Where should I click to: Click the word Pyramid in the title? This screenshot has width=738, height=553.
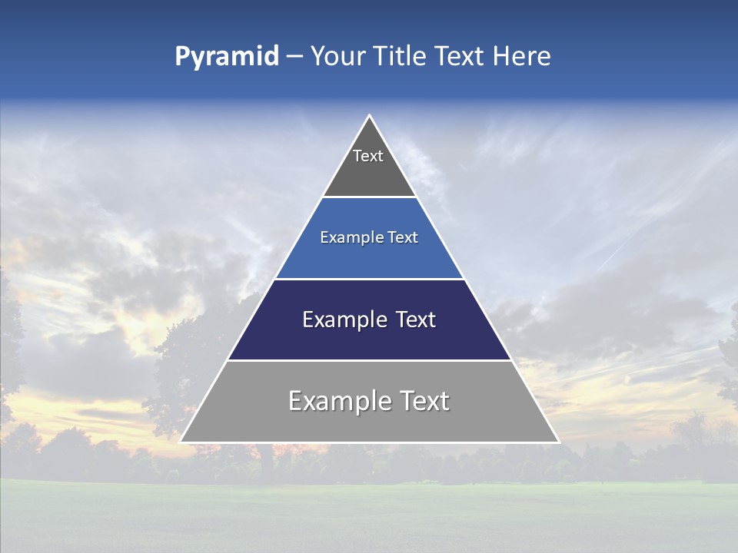click(x=226, y=57)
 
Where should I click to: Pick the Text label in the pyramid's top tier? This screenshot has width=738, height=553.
click(x=368, y=156)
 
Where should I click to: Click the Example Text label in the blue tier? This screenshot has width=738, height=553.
click(x=369, y=237)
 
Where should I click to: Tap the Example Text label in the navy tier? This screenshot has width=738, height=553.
click(x=369, y=320)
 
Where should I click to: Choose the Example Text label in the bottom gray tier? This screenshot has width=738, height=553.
click(x=369, y=401)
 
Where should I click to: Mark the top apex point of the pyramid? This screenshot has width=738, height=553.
click(x=370, y=116)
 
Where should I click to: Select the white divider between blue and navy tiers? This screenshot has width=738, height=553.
click(x=369, y=279)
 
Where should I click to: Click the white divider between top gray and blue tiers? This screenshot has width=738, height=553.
click(x=369, y=197)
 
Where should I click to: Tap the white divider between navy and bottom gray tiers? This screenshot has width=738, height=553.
click(x=369, y=360)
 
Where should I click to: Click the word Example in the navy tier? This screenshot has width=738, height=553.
click(x=344, y=320)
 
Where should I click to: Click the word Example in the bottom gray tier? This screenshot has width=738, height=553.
click(x=338, y=401)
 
